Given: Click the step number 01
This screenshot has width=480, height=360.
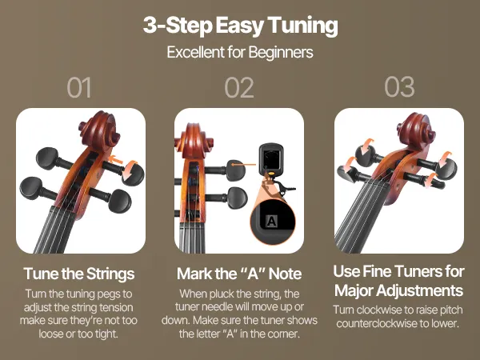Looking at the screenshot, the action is pos(79,87).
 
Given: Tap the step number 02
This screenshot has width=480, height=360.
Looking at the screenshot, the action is pos(239,87).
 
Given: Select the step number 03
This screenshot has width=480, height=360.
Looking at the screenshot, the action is pos(399,87).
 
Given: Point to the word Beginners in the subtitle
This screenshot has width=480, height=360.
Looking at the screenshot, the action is pos(281,53).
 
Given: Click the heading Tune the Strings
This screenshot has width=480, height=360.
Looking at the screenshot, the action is pos(79,274).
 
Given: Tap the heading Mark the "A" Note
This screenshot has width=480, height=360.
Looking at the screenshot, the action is pos(239,274).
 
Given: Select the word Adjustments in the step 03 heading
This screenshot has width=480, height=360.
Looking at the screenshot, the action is pos(420,290).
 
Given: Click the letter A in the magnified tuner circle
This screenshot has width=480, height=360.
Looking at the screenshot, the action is pos(271,221).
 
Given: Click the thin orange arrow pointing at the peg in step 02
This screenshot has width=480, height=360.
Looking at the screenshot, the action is pos(243,165).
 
